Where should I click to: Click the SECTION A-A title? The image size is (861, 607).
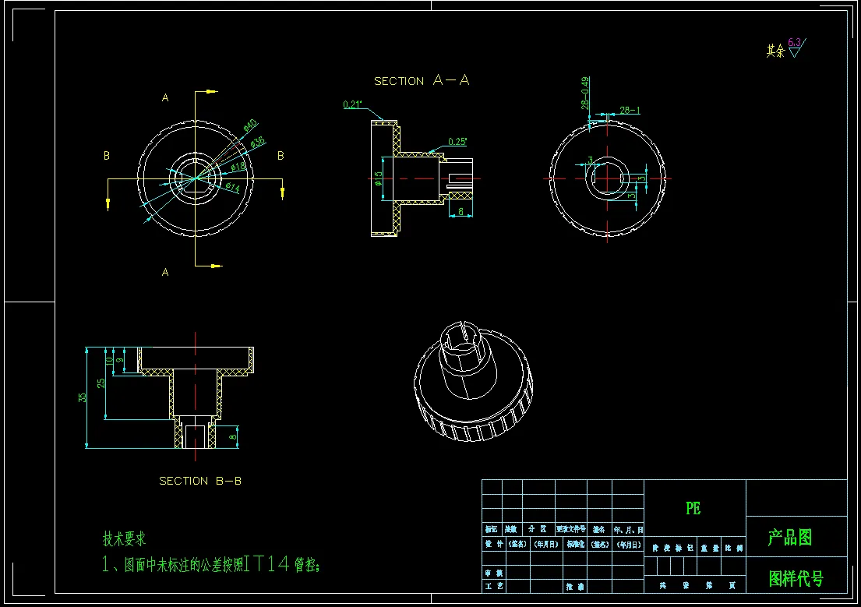pyautogui.click(x=422, y=80)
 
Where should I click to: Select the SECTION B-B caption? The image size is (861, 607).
pyautogui.click(x=200, y=481)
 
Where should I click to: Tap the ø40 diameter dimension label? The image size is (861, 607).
pyautogui.click(x=250, y=125)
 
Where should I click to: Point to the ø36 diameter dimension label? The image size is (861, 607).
pyautogui.click(x=257, y=141)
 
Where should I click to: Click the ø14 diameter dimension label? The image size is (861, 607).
pyautogui.click(x=232, y=187)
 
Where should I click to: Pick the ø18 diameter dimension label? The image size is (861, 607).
pyautogui.click(x=238, y=166)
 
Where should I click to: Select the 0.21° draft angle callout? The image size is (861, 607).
pyautogui.click(x=353, y=104)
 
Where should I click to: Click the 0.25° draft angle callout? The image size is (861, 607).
pyautogui.click(x=457, y=142)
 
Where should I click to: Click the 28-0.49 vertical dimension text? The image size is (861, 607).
pyautogui.click(x=584, y=92)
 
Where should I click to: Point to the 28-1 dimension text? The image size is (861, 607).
pyautogui.click(x=630, y=111)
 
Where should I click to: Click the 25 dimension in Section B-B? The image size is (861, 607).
pyautogui.click(x=101, y=383)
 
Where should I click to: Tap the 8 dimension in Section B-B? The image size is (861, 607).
pyautogui.click(x=232, y=437)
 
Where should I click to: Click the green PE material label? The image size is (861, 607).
pyautogui.click(x=693, y=508)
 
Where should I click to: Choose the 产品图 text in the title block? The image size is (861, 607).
pyautogui.click(x=790, y=537)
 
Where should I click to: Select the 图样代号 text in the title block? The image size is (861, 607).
pyautogui.click(x=796, y=578)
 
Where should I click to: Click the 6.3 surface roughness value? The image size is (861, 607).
pyautogui.click(x=794, y=43)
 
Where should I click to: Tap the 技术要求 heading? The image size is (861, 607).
pyautogui.click(x=125, y=538)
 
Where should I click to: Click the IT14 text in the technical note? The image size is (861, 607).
pyautogui.click(x=266, y=564)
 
